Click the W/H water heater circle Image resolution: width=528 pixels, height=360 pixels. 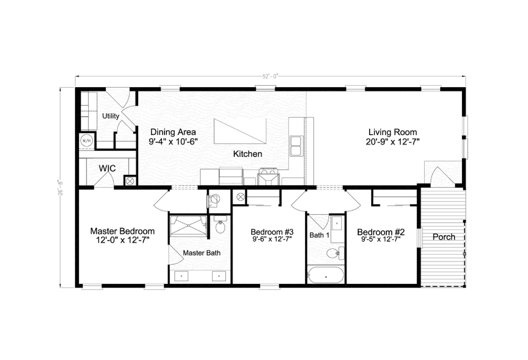(87, 141)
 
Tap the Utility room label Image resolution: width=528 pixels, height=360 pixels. (110, 116)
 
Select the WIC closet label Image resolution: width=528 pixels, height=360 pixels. (107, 168)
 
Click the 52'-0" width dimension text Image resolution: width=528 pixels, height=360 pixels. (270, 77)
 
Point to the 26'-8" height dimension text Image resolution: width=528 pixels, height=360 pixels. (60, 188)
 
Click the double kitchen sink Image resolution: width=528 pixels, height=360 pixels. (297, 146)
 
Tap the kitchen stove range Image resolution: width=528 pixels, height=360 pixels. (268, 176)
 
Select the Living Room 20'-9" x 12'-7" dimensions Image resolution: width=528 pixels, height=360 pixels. (392, 142)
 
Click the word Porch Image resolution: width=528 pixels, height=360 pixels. (444, 237)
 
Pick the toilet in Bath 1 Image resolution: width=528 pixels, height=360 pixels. (335, 253)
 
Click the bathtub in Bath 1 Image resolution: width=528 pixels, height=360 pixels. (326, 275)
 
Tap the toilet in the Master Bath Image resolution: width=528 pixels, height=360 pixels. (220, 225)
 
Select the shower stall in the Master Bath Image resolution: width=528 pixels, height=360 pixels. (188, 225)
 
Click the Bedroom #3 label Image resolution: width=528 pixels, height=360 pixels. (272, 232)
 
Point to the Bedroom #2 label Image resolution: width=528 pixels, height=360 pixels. (381, 232)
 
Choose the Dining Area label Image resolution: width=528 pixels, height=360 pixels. (173, 132)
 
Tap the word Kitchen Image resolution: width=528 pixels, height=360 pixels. (247, 154)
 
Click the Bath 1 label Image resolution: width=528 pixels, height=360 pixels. (319, 235)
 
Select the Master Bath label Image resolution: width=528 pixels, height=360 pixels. (202, 253)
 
